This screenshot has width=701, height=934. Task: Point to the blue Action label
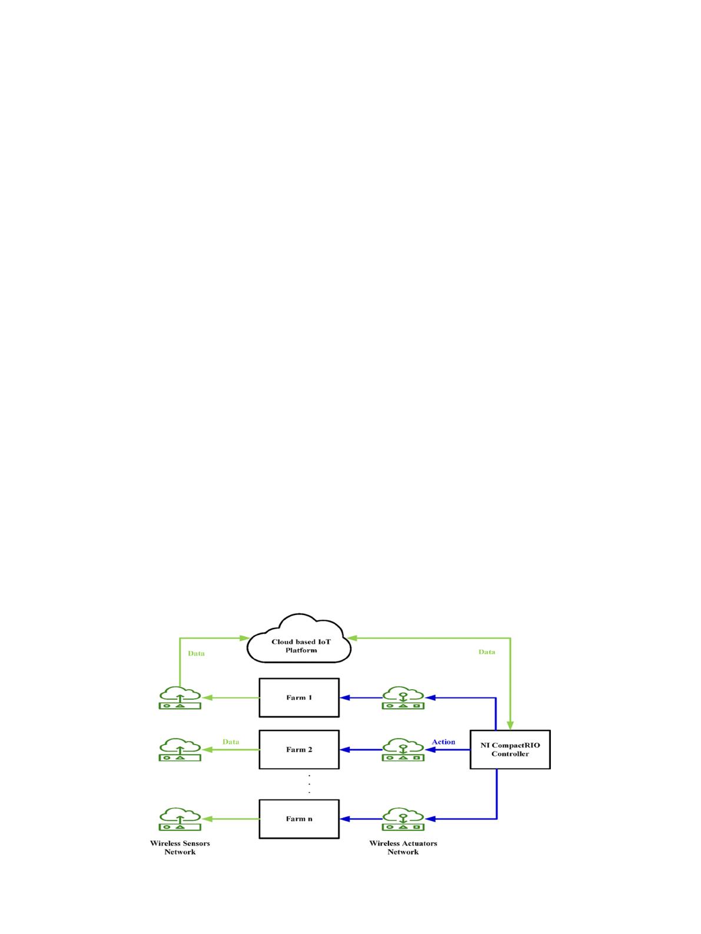(443, 742)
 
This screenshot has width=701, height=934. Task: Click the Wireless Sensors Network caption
(180, 847)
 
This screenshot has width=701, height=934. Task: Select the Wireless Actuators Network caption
(403, 847)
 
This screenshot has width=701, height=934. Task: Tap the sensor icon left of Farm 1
(180, 697)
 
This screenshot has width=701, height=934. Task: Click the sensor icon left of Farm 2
(180, 749)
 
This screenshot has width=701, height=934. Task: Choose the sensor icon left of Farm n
(180, 819)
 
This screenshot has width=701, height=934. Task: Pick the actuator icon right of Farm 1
(403, 697)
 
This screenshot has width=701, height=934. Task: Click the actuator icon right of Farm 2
(403, 749)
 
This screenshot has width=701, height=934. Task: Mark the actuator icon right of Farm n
(403, 819)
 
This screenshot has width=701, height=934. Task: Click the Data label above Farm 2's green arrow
(231, 742)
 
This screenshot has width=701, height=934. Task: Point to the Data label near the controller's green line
(487, 652)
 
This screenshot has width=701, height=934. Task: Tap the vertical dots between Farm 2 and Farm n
(309, 784)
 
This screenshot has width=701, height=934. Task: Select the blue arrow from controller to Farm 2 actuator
(447, 750)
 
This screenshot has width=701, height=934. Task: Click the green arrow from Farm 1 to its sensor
(231, 697)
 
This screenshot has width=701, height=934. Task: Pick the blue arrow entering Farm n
(361, 819)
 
